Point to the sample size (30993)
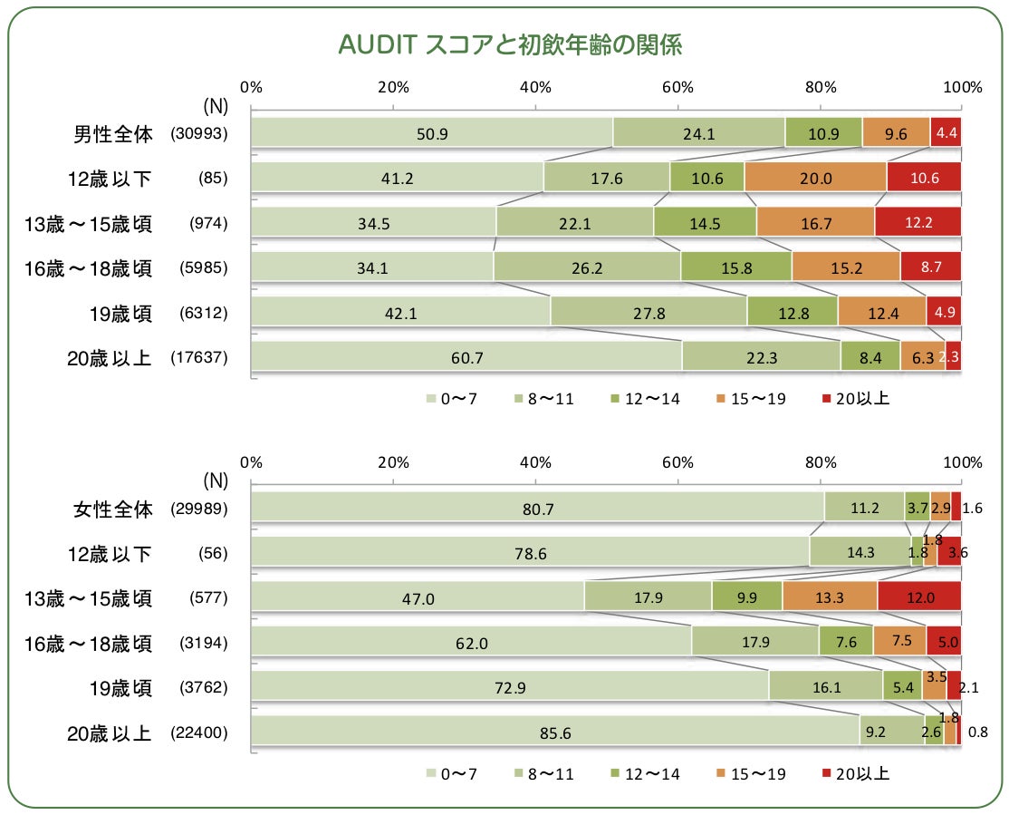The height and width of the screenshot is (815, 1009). click(199, 133)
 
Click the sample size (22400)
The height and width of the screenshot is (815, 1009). click(199, 733)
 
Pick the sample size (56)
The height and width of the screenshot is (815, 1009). click(213, 554)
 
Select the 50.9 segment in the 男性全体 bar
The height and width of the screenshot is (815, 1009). click(431, 133)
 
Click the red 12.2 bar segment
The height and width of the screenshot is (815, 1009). click(918, 222)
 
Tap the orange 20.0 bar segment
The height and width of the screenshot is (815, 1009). click(815, 178)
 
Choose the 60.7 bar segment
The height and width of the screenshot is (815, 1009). click(466, 357)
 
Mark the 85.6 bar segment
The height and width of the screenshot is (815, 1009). click(554, 733)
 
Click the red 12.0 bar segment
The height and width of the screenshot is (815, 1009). click(918, 598)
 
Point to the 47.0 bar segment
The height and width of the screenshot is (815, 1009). click(417, 598)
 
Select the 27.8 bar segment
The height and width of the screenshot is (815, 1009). click(648, 313)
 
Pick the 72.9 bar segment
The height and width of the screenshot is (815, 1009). click(509, 688)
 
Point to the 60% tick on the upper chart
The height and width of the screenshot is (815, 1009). click(677, 87)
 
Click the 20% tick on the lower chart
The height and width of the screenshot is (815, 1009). click(393, 461)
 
